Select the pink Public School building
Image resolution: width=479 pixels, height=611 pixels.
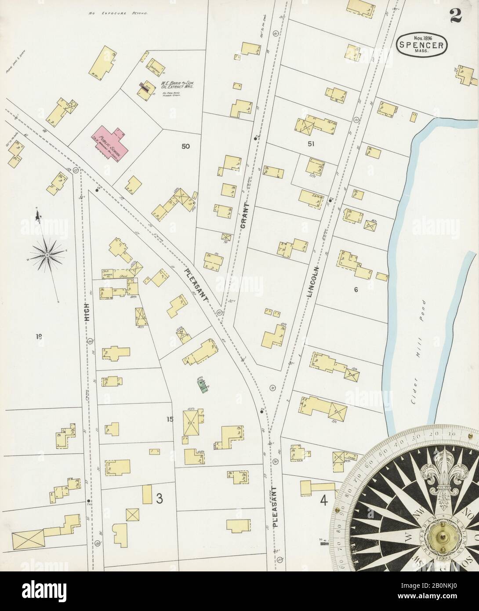click(x=110, y=140)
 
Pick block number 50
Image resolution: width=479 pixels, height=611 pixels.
click(x=186, y=146)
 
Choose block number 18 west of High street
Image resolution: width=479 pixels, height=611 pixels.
click(x=39, y=337)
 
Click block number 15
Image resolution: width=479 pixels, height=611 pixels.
click(x=170, y=419)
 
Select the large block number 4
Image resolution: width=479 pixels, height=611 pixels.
click(x=324, y=500)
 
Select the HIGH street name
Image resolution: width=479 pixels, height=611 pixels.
click(x=87, y=313)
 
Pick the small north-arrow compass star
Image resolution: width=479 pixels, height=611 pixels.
click(x=47, y=254)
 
